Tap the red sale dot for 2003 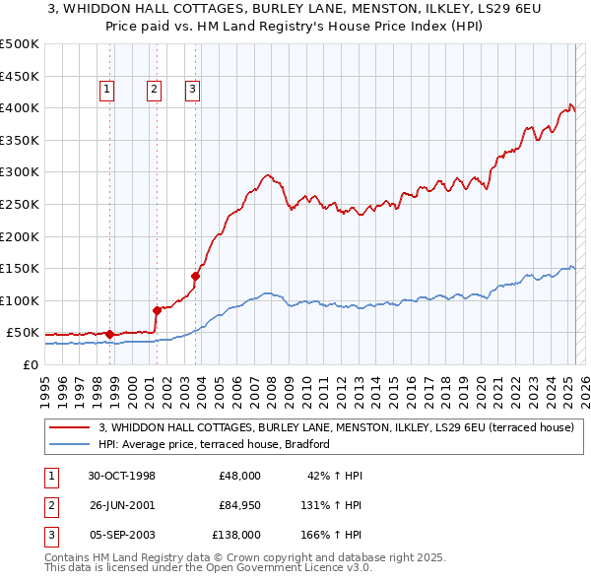[195, 276]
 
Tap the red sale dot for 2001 [157, 310]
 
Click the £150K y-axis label [20, 268]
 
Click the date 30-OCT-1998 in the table [121, 476]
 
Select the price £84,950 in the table [240, 505]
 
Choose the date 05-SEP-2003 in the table [121, 535]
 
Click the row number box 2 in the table [49, 505]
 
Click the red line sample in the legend [71, 427]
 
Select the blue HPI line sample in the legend [71, 445]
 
